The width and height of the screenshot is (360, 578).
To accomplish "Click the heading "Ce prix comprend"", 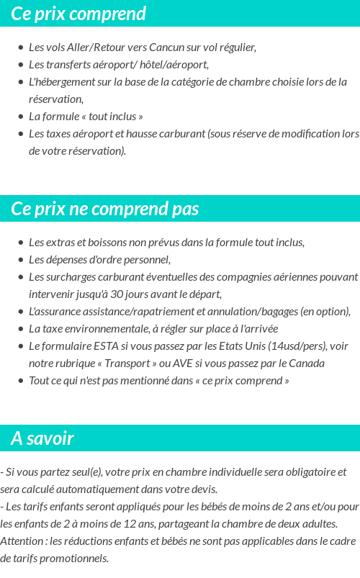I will pyautogui.click(x=78, y=14).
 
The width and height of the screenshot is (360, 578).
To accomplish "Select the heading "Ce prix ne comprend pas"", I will pyautogui.click(x=105, y=209).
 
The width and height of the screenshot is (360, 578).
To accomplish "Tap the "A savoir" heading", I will pyautogui.click(x=42, y=438).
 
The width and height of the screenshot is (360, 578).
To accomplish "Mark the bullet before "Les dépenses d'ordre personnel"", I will pyautogui.click(x=21, y=260).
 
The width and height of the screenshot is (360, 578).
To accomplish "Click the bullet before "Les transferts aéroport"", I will pyautogui.click(x=21, y=65).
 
